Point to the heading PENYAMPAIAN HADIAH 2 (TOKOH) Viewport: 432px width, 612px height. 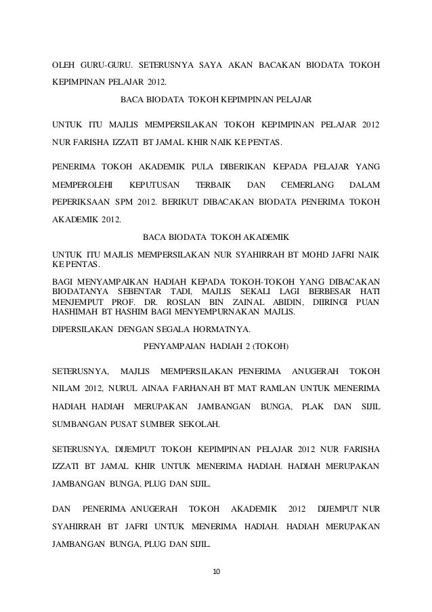point(216,346)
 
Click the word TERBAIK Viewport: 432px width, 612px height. point(213,184)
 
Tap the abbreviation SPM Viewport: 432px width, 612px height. point(125,202)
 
